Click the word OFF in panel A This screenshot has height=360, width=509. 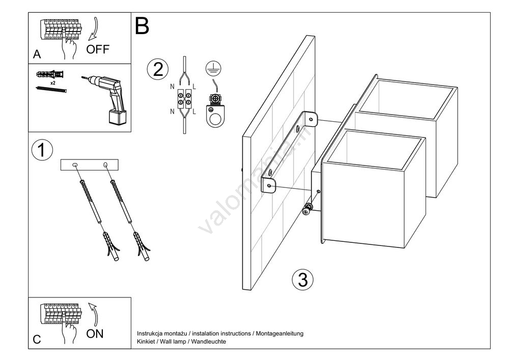click(98, 49)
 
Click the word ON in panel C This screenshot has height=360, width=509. click(95, 334)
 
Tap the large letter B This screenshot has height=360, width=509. click(142, 26)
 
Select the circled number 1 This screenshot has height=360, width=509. click(42, 150)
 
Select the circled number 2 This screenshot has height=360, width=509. click(158, 69)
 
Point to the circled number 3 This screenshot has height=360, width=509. click(302, 280)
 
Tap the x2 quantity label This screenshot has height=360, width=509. click(53, 83)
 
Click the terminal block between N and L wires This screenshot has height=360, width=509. click(184, 99)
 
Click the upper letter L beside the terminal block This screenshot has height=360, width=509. click(194, 87)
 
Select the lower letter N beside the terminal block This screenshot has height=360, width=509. click(173, 112)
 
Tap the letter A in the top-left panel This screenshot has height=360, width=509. click(37, 54)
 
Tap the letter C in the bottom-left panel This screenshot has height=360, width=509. click(37, 340)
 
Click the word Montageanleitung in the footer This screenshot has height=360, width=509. click(279, 334)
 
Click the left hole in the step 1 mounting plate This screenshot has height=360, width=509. click(75, 165)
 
